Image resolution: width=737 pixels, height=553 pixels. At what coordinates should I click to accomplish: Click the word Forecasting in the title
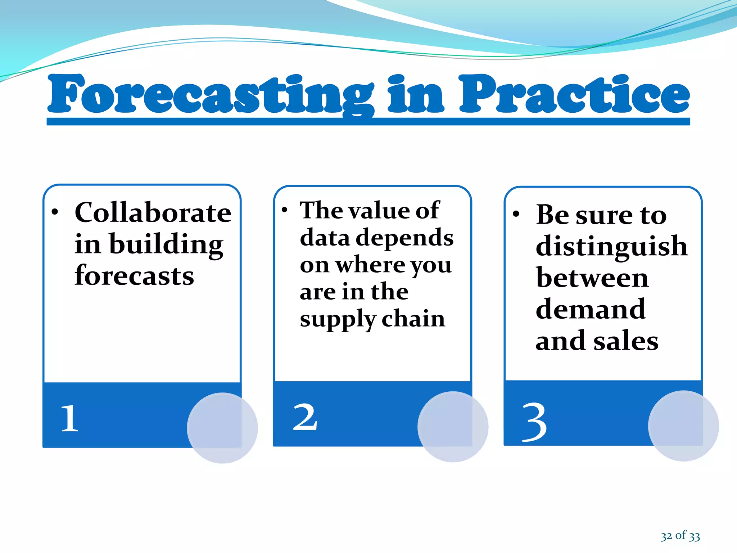(211, 94)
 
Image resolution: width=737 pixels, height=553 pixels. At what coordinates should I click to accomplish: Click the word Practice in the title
(574, 94)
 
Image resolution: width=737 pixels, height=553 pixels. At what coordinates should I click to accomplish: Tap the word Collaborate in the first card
(153, 213)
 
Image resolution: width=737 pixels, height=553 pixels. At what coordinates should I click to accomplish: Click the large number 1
(69, 418)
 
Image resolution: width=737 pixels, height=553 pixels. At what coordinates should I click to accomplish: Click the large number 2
(305, 418)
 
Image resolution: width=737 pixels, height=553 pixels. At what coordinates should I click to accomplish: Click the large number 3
(534, 422)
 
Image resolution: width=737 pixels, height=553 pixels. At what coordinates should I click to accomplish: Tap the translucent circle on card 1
(222, 428)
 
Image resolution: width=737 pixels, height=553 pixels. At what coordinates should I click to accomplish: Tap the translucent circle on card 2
(453, 427)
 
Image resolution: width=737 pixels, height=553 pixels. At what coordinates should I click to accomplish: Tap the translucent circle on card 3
(683, 426)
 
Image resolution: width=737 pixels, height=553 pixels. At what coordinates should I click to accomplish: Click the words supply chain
(372, 319)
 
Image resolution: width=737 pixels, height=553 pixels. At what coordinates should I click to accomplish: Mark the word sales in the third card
(626, 341)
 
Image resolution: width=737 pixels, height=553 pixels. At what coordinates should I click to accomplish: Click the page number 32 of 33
(680, 536)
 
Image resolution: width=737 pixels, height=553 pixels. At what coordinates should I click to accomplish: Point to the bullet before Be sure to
(516, 214)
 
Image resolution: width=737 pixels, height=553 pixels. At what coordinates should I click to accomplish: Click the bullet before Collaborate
(54, 212)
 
